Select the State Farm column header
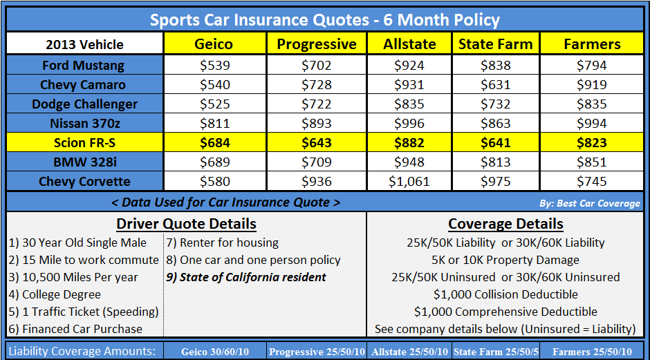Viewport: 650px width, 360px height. pos(495,44)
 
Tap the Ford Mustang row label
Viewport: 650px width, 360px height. pos(84,66)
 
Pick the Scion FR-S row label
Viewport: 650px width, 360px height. pos(84,143)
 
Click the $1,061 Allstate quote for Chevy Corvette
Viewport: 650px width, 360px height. pos(409,182)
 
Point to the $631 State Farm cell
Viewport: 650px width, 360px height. pos(495,85)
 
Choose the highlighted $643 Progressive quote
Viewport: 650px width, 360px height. pos(317,143)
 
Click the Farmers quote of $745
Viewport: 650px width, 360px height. pos(592,182)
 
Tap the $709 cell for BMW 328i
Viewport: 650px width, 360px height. pos(317,162)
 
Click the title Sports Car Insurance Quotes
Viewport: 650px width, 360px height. pos(325,19)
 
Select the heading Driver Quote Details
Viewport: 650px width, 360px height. pos(186,224)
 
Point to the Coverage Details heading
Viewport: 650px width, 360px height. pos(505,224)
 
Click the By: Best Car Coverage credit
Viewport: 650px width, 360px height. pos(589,203)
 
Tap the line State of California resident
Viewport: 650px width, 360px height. pos(245,277)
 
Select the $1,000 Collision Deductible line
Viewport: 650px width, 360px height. pos(505,294)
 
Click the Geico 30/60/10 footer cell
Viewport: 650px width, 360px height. pos(214,352)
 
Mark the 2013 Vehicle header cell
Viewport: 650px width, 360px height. pos(84,44)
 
